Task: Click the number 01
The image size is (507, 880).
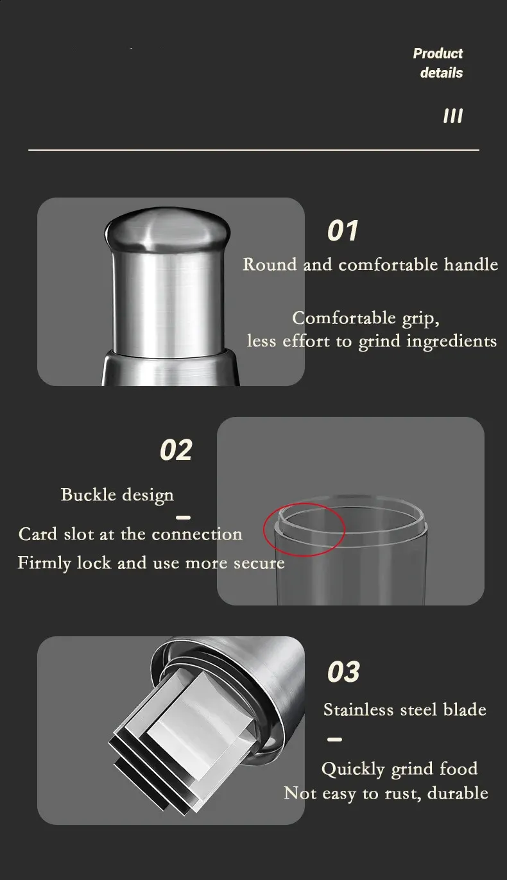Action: point(343,230)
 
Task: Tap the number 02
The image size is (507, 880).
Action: point(176,450)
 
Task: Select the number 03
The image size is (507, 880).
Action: point(343,672)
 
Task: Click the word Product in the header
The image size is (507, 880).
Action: point(438,53)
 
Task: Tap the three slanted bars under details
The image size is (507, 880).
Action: point(452,116)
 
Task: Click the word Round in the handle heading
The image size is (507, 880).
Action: point(270,264)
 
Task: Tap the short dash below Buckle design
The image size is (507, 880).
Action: point(183,518)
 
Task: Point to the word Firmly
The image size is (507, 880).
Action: point(44,563)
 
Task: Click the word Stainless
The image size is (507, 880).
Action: point(359,709)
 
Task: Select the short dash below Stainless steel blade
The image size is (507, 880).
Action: point(334,740)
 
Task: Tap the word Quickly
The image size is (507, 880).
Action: point(353,769)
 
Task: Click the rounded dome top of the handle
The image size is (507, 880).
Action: point(168,228)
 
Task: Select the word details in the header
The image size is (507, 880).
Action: point(442,72)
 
